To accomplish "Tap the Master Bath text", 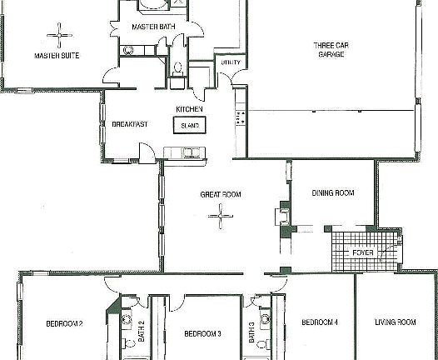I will (x=152, y=27).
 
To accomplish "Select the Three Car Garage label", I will (x=330, y=49).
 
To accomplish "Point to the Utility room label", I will (x=230, y=62).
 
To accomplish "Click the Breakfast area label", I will (x=129, y=124).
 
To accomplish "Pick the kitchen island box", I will (x=190, y=125).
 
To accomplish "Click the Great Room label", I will (x=220, y=194).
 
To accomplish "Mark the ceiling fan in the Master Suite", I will (x=59, y=34).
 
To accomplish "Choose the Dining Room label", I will (x=332, y=192).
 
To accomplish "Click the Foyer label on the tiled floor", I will (x=363, y=251).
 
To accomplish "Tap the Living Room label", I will (x=396, y=322).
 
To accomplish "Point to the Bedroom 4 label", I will (x=319, y=322).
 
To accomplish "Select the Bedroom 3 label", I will (x=202, y=333).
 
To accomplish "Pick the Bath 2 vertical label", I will (x=142, y=332).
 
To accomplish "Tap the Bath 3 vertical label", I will (x=251, y=332).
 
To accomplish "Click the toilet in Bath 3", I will (x=262, y=342).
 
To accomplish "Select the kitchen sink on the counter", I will (x=191, y=152).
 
